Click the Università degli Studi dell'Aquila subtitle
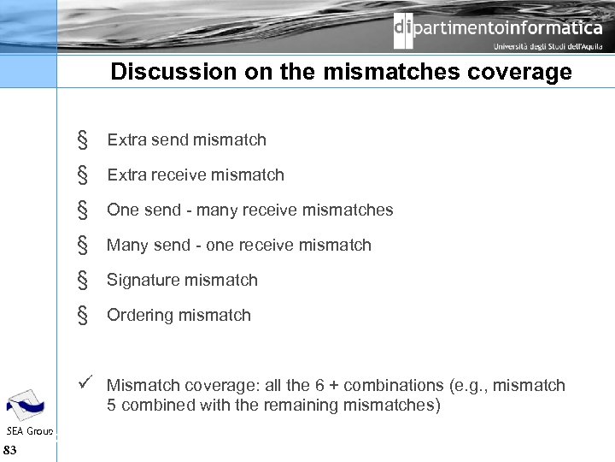[548, 48]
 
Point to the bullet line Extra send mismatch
[186, 139]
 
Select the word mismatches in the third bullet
[349, 210]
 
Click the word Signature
[143, 280]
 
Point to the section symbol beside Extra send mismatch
[83, 140]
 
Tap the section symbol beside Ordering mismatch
[83, 316]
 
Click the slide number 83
[10, 449]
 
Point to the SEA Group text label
[29, 429]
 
